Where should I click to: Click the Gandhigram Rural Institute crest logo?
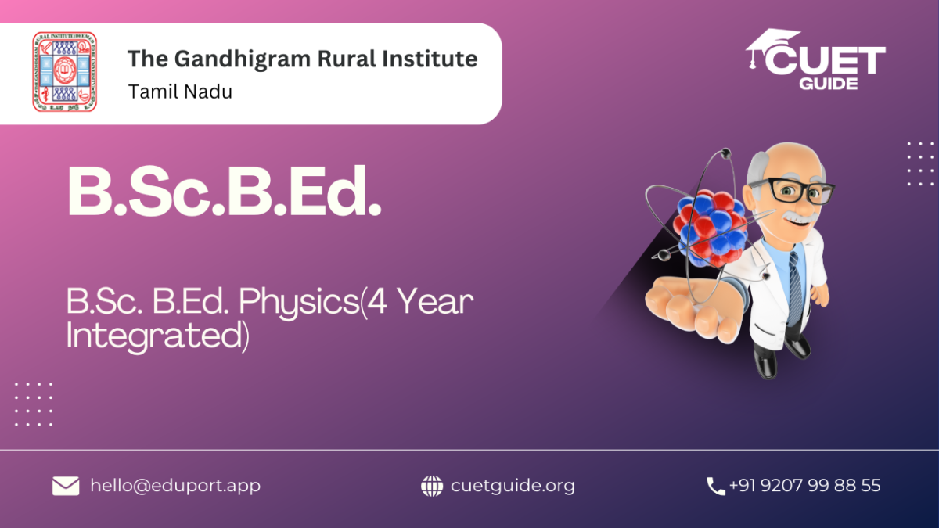click(x=64, y=72)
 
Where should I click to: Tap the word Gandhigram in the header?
click(x=242, y=59)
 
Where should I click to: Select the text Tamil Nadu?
click(x=180, y=92)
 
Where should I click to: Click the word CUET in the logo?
click(x=825, y=61)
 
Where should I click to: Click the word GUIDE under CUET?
click(x=828, y=84)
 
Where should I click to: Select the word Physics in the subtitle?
click(x=299, y=302)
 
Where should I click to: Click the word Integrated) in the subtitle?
click(x=157, y=336)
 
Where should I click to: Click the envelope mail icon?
click(x=66, y=486)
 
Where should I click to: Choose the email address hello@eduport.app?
click(x=175, y=486)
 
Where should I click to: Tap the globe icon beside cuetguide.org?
click(x=432, y=486)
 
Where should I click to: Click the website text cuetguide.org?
click(x=513, y=486)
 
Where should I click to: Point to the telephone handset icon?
click(x=715, y=487)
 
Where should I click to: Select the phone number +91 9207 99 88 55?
click(x=805, y=485)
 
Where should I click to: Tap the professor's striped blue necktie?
click(x=795, y=289)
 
